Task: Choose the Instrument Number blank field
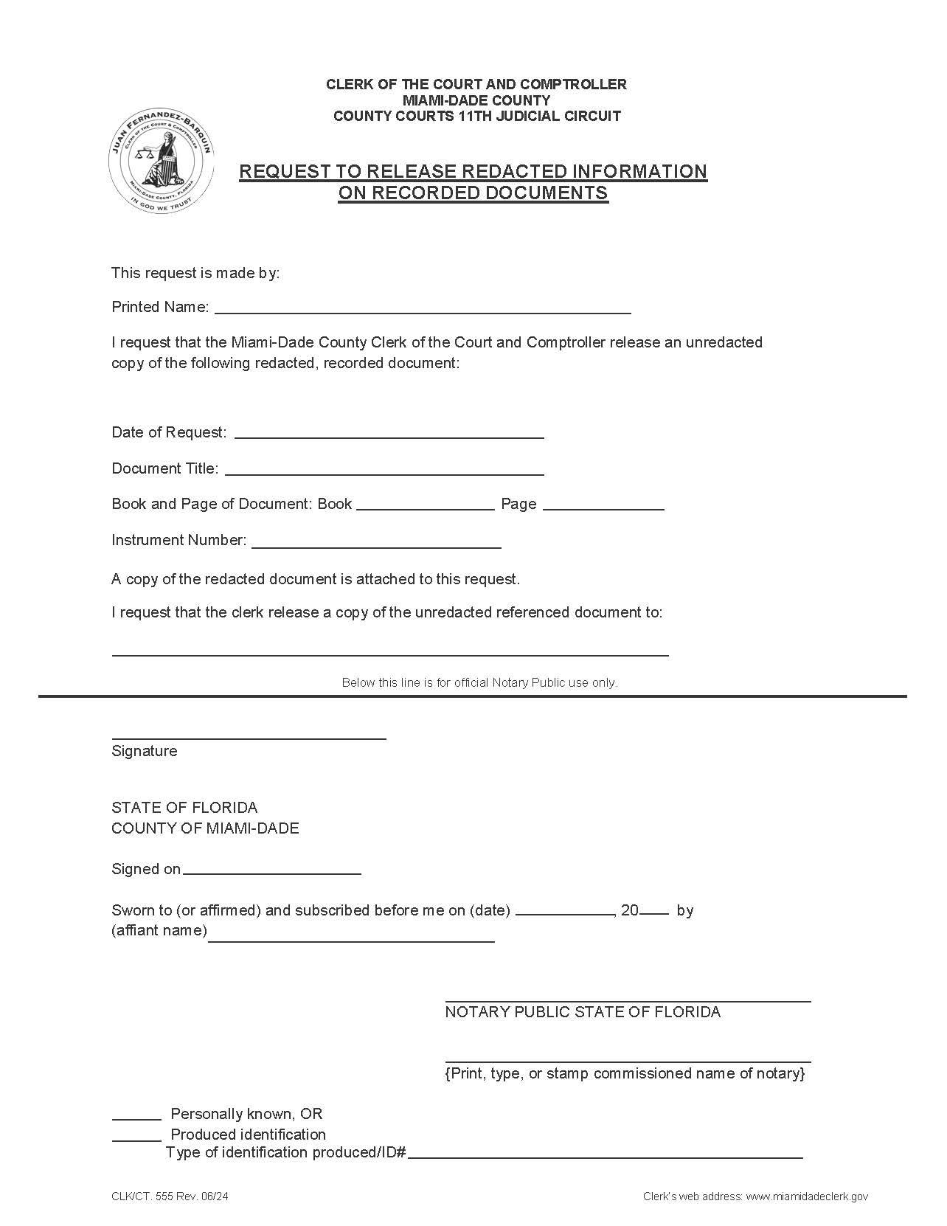click(376, 541)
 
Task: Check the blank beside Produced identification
click(136, 1135)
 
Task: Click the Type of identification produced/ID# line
click(605, 1152)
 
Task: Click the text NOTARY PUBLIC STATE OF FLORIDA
click(583, 1012)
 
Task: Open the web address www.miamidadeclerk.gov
click(807, 1196)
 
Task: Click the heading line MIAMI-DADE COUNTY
click(476, 100)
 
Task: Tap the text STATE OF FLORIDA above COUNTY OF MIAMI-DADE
click(184, 807)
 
